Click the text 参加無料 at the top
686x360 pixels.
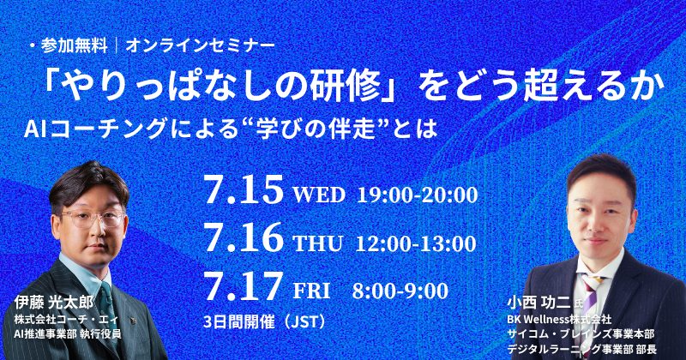75,46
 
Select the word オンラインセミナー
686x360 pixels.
201,46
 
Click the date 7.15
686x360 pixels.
244,190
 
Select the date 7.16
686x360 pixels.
244,238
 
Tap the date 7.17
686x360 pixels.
244,286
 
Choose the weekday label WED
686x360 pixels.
319,195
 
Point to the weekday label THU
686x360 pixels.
317,243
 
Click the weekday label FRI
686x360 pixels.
311,291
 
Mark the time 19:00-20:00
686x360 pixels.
417,195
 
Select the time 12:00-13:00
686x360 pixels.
416,243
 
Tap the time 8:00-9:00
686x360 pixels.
400,291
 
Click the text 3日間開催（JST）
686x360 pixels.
266,322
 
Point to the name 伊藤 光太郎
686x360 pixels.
53,303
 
